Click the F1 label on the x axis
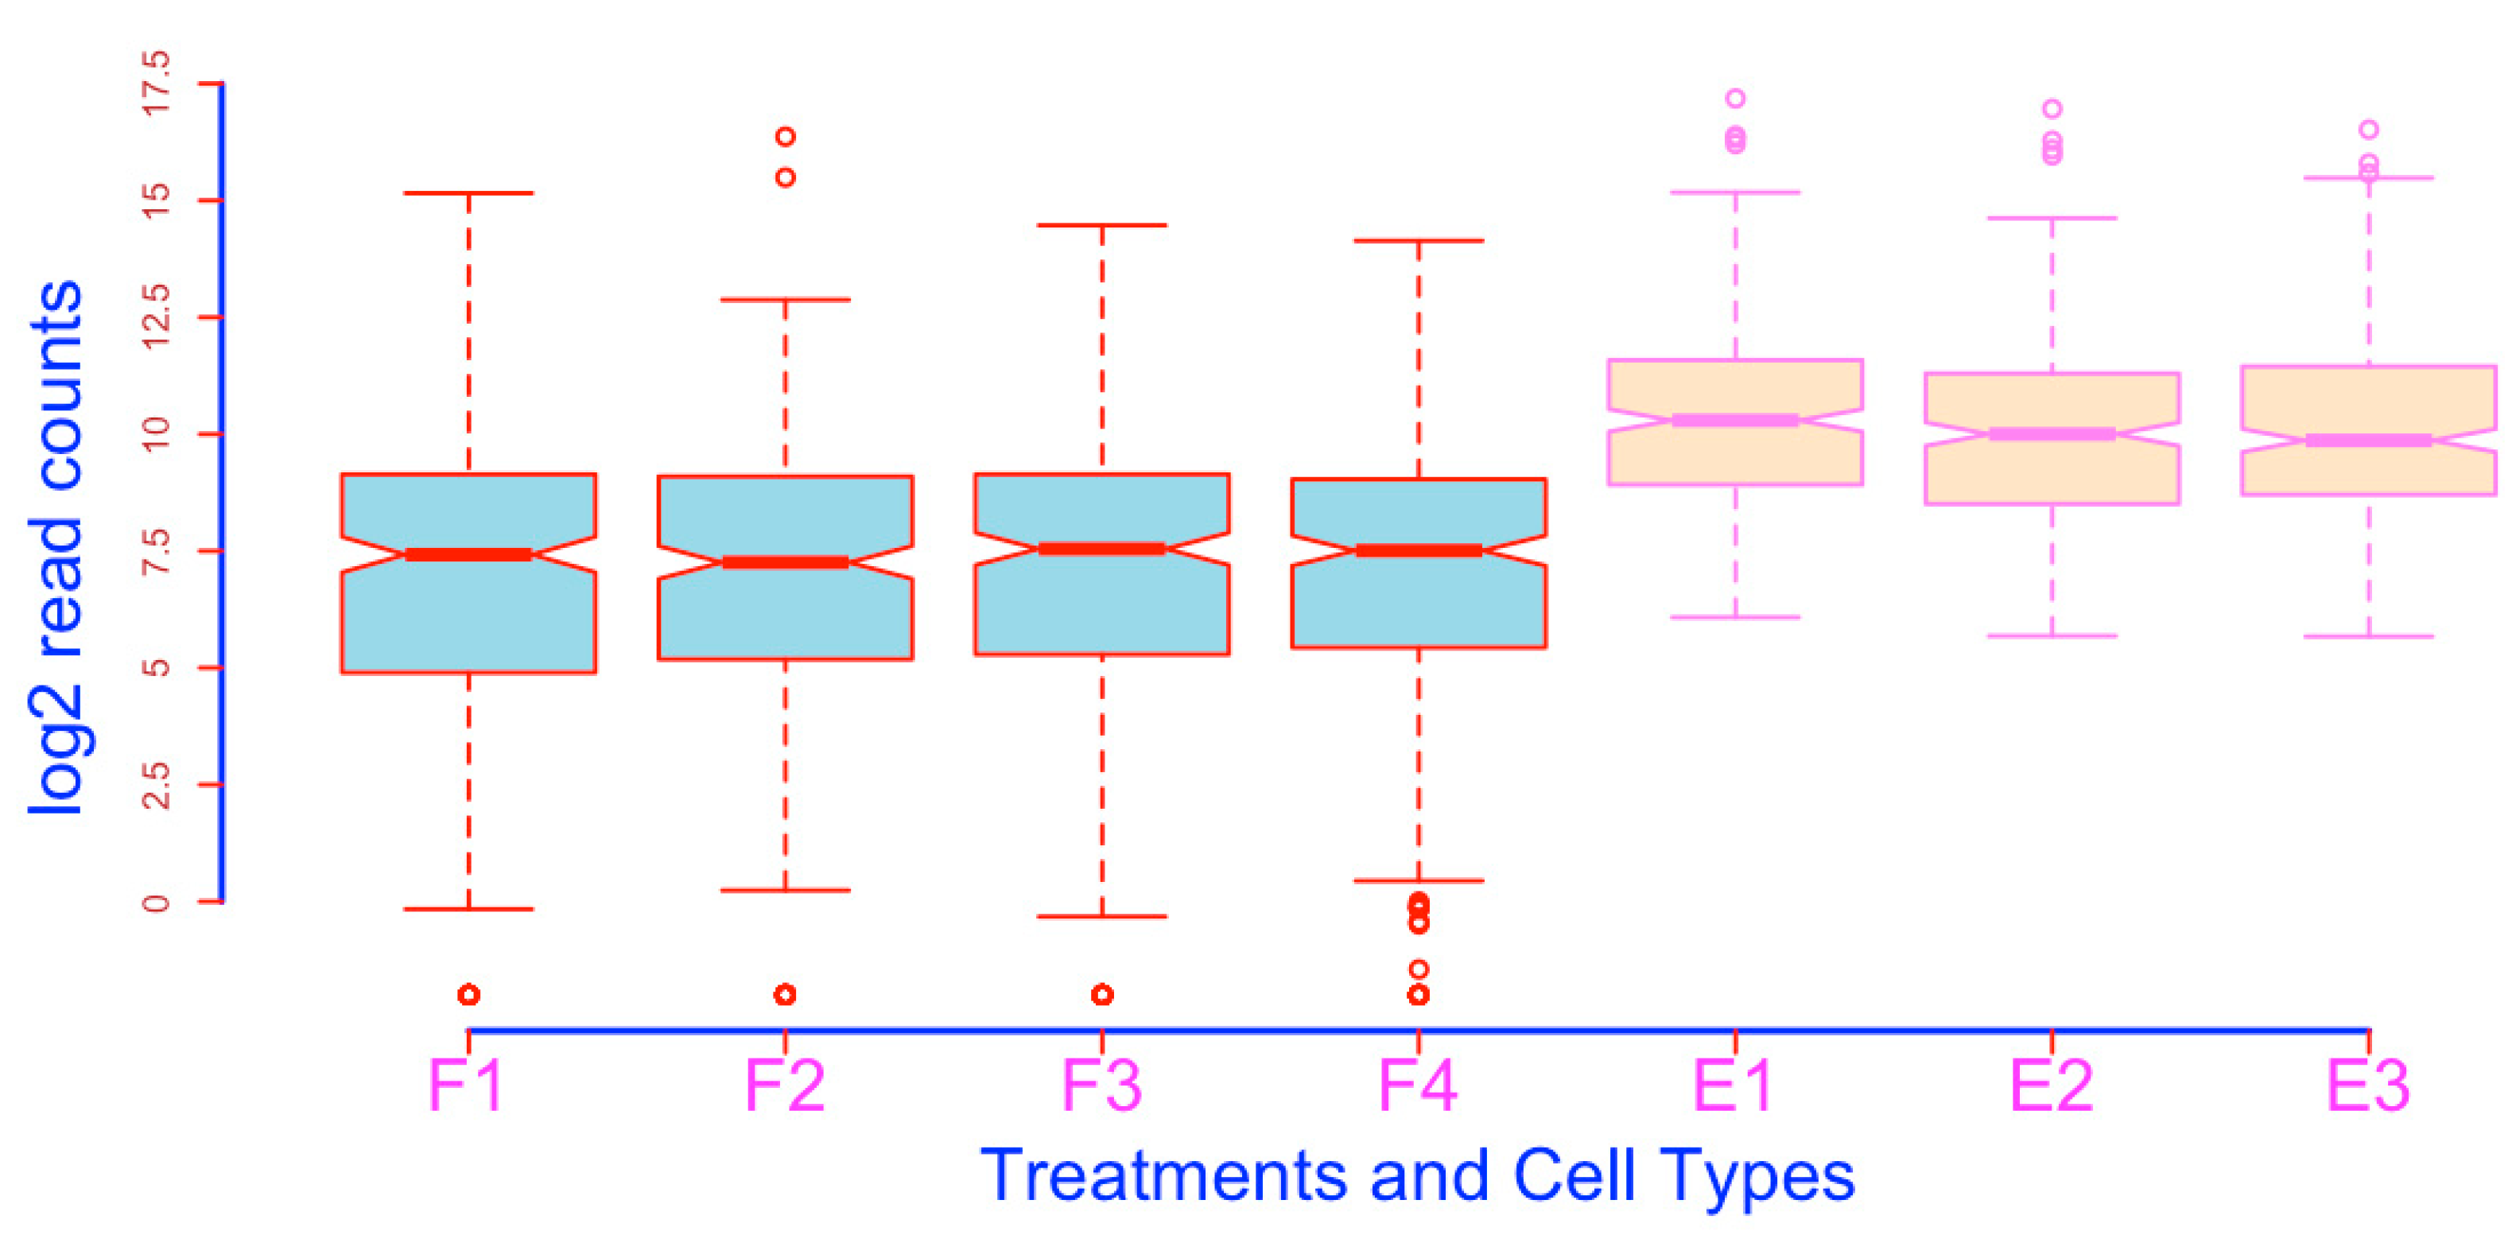466,1085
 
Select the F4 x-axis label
1417,1085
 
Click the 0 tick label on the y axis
157,901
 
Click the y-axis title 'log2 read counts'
56,547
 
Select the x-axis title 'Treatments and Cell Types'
1417,1175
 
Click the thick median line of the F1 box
469,555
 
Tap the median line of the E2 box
2052,434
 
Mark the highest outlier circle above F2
786,136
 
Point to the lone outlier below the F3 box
1101,995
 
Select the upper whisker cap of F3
1101,225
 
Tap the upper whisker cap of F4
1418,240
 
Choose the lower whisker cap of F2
786,890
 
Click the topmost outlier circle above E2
2052,108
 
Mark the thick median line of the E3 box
2369,441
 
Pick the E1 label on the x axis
1734,1085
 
